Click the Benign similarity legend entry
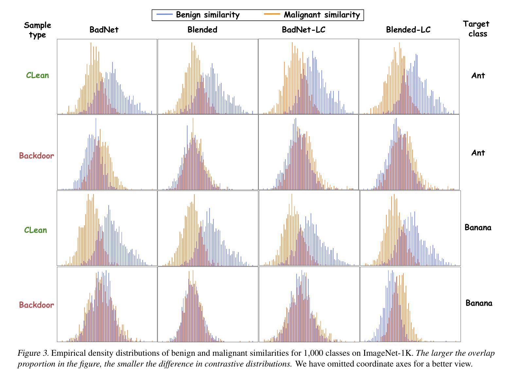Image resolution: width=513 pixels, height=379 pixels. click(x=207, y=15)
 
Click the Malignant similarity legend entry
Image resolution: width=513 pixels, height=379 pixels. click(x=322, y=15)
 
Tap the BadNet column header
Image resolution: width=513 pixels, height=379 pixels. click(x=104, y=30)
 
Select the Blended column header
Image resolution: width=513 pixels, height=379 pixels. click(x=202, y=30)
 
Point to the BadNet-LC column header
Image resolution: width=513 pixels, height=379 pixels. click(x=304, y=30)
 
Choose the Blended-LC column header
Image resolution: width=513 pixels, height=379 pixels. click(x=408, y=30)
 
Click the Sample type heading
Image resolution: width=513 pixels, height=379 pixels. click(x=37, y=30)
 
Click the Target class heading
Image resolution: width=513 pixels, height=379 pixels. click(x=477, y=28)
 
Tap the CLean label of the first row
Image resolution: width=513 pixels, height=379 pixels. click(x=37, y=75)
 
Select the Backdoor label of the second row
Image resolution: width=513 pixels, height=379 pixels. click(x=36, y=156)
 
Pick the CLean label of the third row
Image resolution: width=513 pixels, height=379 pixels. click(x=35, y=230)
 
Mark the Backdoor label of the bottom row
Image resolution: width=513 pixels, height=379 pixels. click(x=36, y=305)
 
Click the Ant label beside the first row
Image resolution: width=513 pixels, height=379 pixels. click(x=478, y=76)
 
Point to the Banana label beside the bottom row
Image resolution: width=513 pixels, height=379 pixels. click(x=479, y=303)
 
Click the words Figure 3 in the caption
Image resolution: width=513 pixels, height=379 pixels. click(x=33, y=353)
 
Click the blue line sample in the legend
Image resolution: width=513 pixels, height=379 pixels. click(x=165, y=15)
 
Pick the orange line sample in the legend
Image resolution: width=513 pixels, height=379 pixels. click(x=272, y=15)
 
